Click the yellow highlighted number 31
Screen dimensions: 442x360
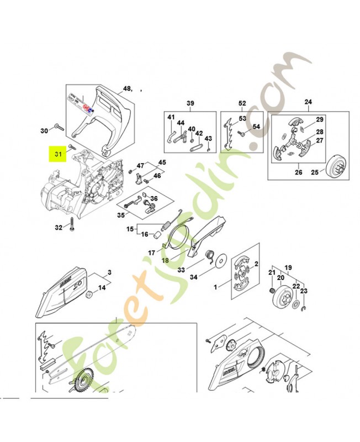click(x=57, y=155)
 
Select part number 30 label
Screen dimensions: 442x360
click(x=45, y=131)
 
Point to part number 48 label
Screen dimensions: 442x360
click(x=127, y=88)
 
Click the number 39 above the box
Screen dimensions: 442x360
click(x=190, y=103)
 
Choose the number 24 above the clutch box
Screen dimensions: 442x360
click(x=308, y=102)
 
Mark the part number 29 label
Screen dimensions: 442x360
click(x=319, y=120)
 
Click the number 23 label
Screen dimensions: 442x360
click(x=303, y=291)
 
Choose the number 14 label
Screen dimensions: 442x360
click(x=101, y=288)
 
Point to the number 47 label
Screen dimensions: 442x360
click(x=140, y=165)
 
